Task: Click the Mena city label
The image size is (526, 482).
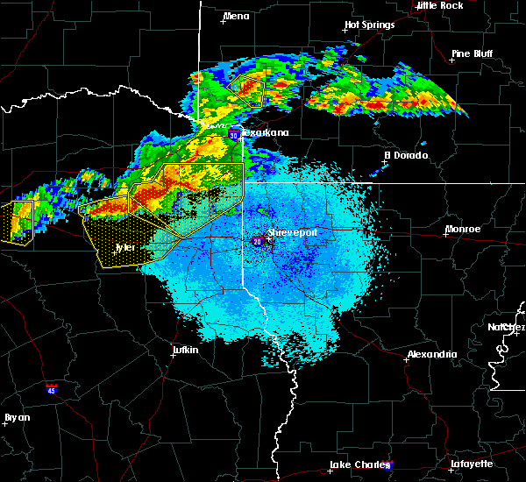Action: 237,16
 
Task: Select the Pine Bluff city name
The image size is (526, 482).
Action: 472,53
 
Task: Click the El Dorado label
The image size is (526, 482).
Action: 406,155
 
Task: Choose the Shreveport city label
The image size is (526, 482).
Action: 292,232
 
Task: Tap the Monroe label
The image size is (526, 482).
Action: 463,229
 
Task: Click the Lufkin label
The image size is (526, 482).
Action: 184,351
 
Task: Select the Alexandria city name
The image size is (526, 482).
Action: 431,354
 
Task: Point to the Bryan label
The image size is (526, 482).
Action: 18,417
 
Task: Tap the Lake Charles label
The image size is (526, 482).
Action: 355,464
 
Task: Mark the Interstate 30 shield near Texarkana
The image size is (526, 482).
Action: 234,135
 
